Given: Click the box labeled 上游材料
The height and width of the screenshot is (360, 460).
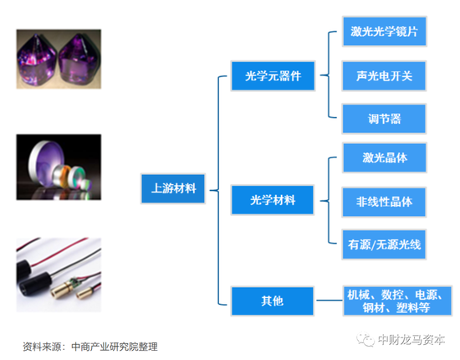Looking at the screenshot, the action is tap(173, 188).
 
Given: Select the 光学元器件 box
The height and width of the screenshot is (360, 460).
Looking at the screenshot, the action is tap(273, 75).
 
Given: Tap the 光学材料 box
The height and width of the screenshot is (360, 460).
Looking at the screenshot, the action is tap(273, 200).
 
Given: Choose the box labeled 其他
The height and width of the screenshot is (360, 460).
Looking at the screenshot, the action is tap(273, 301).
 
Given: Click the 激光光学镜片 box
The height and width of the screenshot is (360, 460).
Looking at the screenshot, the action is tap(385, 31).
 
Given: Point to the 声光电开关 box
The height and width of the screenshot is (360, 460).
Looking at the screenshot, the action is tap(384, 75).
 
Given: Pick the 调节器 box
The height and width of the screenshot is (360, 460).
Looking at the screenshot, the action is tap(384, 119).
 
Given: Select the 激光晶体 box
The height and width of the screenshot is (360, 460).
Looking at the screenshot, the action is tap(385, 157).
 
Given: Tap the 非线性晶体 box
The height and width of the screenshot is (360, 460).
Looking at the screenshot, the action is tap(384, 202).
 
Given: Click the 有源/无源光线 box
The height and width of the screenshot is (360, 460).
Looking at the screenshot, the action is tap(384, 244).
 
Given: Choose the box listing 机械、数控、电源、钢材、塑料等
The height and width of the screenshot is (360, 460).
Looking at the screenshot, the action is tap(397, 301).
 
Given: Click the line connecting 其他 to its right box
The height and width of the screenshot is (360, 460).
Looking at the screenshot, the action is tap(329, 301).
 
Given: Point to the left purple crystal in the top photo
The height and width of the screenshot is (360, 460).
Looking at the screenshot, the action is tap(37, 60).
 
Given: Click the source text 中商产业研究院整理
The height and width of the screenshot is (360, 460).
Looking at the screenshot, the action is tap(115, 347).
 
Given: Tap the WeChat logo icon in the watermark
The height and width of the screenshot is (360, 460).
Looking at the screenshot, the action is tap(365, 339).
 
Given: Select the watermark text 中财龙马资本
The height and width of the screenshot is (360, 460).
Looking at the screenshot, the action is tap(411, 339).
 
